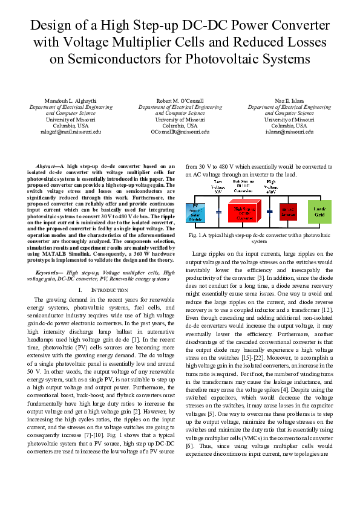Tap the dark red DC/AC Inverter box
288,212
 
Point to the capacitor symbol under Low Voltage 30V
218,213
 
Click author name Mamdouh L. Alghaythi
71,100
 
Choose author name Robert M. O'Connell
180,100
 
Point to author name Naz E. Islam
289,100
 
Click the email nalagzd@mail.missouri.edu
71,131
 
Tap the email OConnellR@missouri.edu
180,131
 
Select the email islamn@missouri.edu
289,131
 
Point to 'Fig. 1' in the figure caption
197,234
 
